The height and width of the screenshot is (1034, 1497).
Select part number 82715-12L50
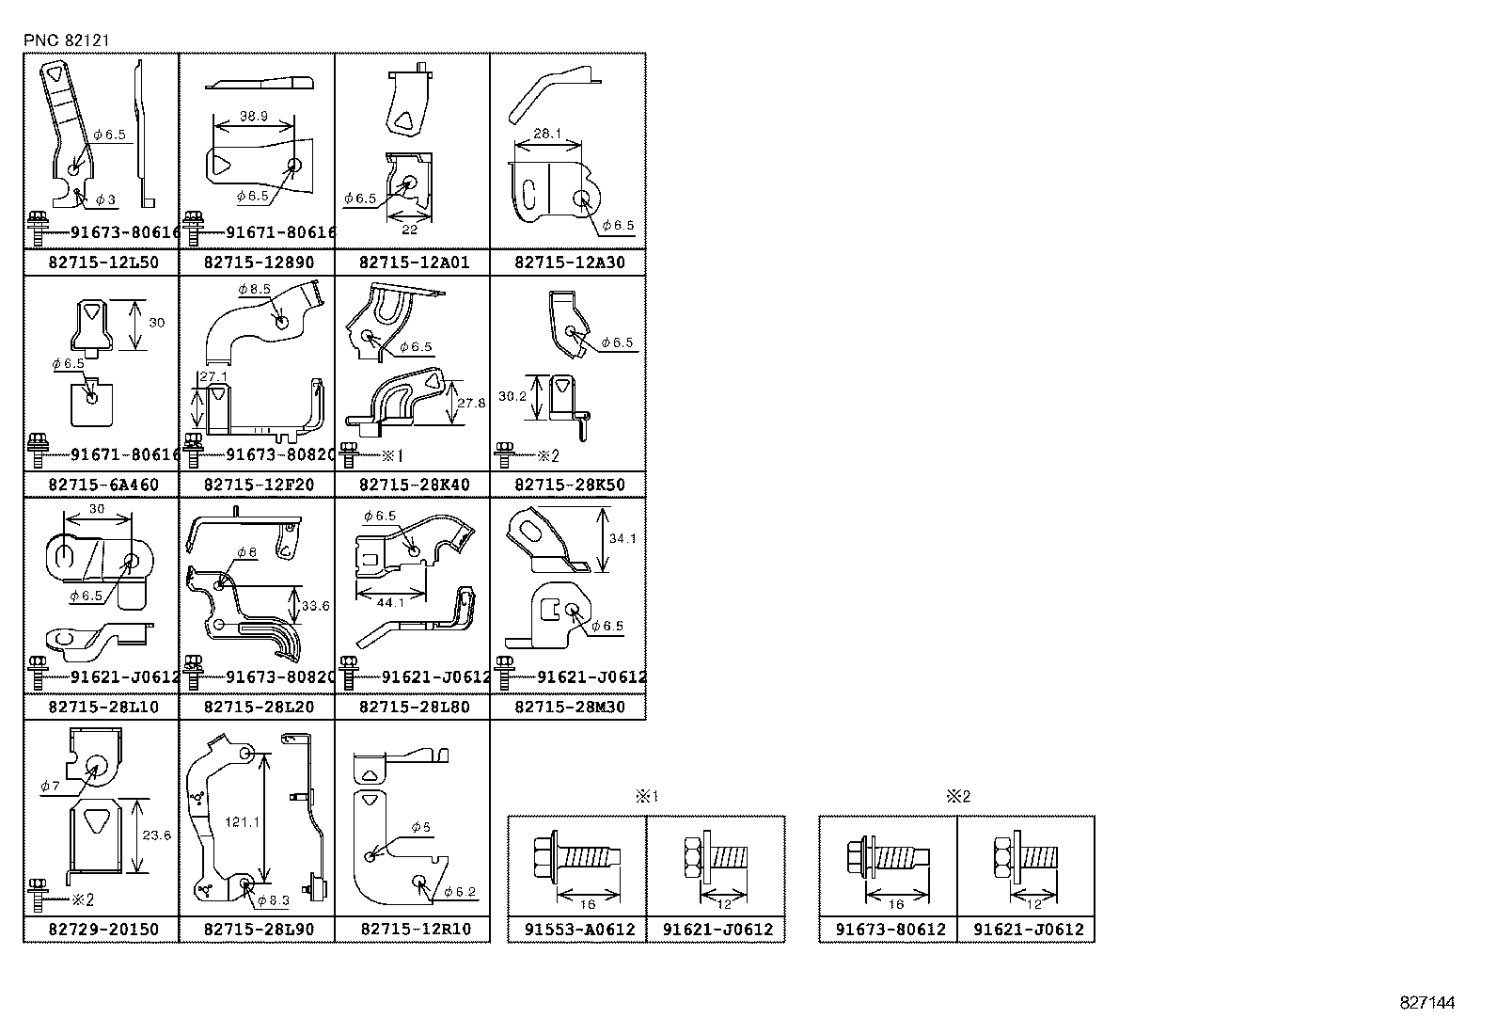[102, 262]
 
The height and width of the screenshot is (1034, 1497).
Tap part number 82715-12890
[257, 262]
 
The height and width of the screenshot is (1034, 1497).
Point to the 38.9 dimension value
[254, 116]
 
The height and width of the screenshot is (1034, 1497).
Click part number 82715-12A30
[568, 262]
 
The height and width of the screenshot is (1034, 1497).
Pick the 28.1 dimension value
[546, 135]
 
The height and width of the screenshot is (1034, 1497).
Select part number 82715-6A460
[102, 485]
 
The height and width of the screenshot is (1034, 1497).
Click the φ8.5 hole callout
[255, 290]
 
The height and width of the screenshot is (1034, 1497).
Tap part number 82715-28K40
[413, 485]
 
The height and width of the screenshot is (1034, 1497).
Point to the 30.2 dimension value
[512, 397]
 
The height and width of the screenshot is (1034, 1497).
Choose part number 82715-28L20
[257, 707]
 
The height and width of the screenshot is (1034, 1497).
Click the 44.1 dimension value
[389, 603]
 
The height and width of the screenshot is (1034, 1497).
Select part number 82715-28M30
[568, 707]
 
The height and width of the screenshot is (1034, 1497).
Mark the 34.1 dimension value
[623, 539]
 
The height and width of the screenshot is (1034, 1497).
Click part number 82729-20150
[102, 929]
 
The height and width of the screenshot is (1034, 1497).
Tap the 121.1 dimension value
[241, 821]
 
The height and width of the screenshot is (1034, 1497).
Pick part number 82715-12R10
[413, 929]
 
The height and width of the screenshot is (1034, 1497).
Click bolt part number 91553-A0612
[577, 930]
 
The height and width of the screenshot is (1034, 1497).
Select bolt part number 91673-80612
[888, 930]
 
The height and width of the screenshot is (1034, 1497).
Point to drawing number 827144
[1426, 1003]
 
